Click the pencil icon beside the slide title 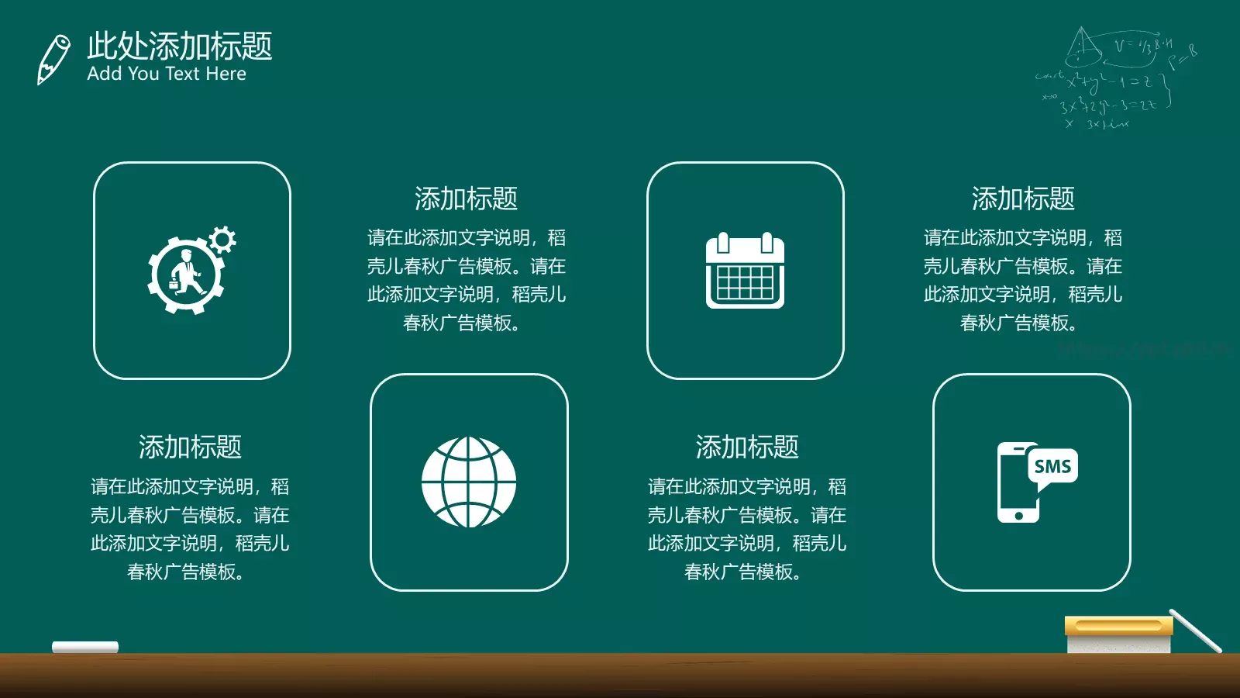53,59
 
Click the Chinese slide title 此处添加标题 179,46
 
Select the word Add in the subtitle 104,74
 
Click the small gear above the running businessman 222,240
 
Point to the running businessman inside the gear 186,273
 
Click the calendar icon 745,271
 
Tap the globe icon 469,482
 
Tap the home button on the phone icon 1018,516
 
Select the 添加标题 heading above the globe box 466,199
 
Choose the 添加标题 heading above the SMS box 1023,199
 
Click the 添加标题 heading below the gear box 190,447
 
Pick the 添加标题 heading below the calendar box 747,447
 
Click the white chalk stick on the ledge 85,647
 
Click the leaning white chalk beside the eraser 1195,630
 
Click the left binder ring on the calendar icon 723,243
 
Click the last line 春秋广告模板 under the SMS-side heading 1018,323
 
